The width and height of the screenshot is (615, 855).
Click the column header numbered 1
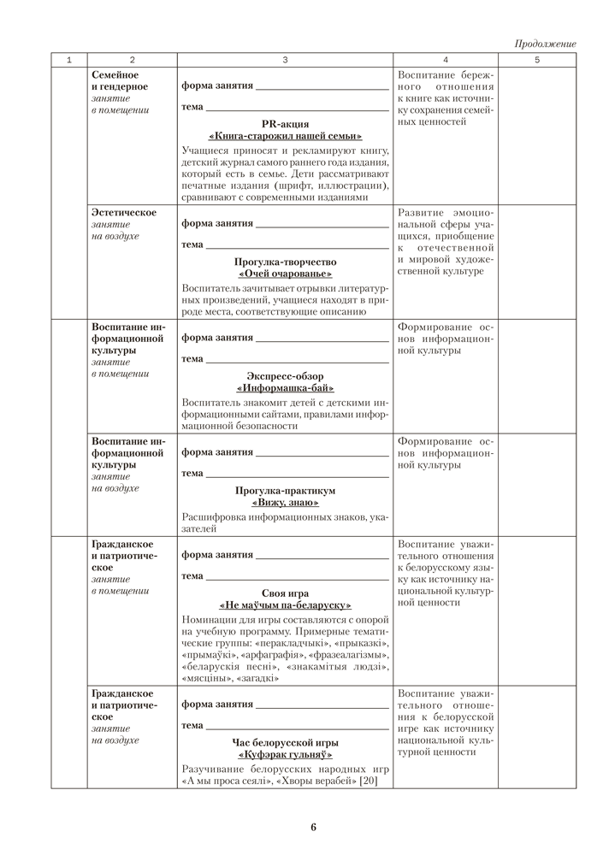tap(68, 60)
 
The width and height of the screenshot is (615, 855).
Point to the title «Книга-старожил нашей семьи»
tap(285, 136)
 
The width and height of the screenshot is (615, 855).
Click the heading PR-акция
tap(285, 123)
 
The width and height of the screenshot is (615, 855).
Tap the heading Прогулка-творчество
tap(285, 262)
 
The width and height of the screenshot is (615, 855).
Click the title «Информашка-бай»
tap(285, 389)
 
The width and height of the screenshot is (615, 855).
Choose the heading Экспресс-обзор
tap(285, 376)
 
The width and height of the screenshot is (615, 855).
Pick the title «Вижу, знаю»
tap(285, 504)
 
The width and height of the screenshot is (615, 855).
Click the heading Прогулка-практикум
tap(285, 491)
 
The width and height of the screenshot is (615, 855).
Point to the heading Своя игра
tap(285, 593)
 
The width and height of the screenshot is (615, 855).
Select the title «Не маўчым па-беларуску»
tap(285, 606)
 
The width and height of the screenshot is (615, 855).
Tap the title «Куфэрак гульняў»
tap(285, 756)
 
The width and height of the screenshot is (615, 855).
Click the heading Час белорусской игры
tap(285, 743)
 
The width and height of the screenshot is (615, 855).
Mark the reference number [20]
tap(368, 781)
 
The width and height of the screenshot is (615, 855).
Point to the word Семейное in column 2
tap(115, 75)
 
